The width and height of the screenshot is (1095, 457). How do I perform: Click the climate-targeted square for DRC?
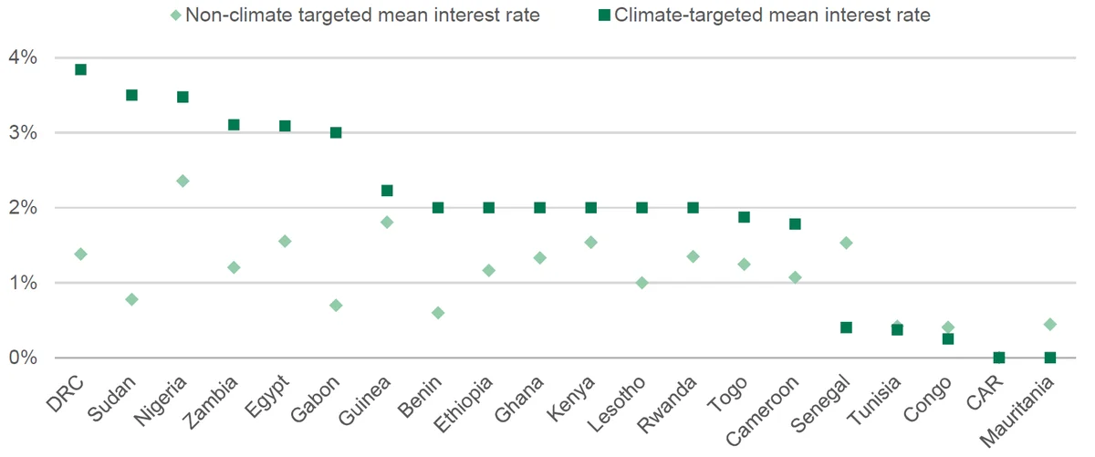click(x=80, y=69)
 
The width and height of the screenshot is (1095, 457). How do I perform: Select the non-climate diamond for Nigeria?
click(x=182, y=182)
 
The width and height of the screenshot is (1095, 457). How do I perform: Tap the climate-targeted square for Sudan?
click(x=131, y=95)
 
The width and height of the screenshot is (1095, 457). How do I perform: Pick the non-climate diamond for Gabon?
click(x=336, y=306)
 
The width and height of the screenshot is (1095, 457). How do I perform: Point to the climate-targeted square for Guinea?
click(x=387, y=190)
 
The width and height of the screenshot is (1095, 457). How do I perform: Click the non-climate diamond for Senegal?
click(x=846, y=243)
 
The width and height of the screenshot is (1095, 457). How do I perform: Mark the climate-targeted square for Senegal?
click(x=846, y=327)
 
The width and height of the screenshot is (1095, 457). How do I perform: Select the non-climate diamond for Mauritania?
click(x=1050, y=324)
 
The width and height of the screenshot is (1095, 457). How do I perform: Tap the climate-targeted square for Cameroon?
click(x=795, y=223)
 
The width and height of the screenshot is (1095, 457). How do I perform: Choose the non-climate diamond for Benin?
click(x=438, y=313)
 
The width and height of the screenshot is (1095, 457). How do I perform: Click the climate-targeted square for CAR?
click(x=999, y=358)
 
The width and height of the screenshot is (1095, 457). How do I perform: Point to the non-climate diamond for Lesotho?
click(x=641, y=283)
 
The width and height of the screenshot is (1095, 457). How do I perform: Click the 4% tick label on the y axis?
click(x=23, y=57)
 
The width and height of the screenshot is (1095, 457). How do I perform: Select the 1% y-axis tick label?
click(x=23, y=283)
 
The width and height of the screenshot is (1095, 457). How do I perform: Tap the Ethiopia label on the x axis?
click(x=463, y=405)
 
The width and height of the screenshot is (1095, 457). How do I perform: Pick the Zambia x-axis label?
click(x=210, y=402)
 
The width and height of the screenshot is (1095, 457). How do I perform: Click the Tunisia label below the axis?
click(x=874, y=400)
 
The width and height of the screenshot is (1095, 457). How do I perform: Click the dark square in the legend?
click(x=604, y=16)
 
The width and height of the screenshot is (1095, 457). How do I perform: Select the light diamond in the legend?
click(x=175, y=16)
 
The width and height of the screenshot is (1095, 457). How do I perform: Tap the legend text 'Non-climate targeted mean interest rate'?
click(x=363, y=16)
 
